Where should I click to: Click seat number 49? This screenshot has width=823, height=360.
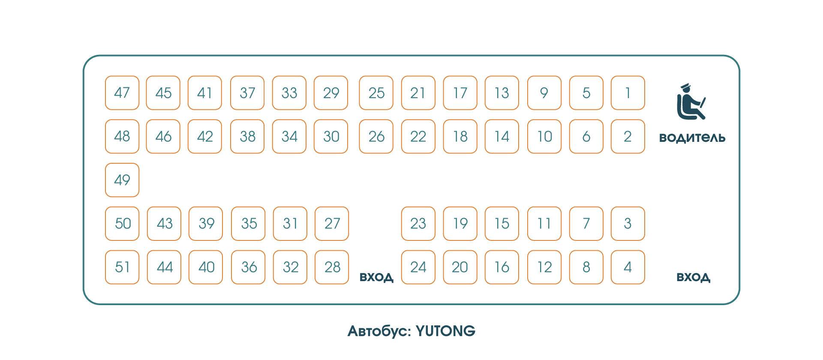(x=122, y=180)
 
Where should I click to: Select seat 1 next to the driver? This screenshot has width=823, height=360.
(x=628, y=93)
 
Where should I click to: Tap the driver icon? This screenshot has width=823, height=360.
(x=691, y=102)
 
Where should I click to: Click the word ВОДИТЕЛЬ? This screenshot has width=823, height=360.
(x=692, y=138)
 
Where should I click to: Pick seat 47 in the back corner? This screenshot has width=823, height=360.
(x=122, y=93)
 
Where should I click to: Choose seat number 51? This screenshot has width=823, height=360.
(x=122, y=267)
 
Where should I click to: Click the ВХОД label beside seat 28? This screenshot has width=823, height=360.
(x=376, y=277)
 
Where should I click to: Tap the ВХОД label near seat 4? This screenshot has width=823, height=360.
(x=693, y=277)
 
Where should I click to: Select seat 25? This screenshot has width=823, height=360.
(x=376, y=93)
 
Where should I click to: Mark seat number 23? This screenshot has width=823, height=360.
(x=418, y=224)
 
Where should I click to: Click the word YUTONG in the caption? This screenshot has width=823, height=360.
(x=445, y=331)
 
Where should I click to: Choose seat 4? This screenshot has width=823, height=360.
(x=628, y=267)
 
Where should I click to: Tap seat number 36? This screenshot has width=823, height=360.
(x=248, y=267)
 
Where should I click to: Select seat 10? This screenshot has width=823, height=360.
(x=544, y=136)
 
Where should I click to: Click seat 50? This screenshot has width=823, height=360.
(x=122, y=224)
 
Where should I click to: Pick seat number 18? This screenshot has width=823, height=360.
(x=460, y=136)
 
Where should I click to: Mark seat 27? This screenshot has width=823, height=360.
(x=332, y=224)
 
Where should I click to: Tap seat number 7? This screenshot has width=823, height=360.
(x=586, y=224)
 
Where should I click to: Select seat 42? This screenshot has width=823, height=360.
(x=205, y=136)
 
